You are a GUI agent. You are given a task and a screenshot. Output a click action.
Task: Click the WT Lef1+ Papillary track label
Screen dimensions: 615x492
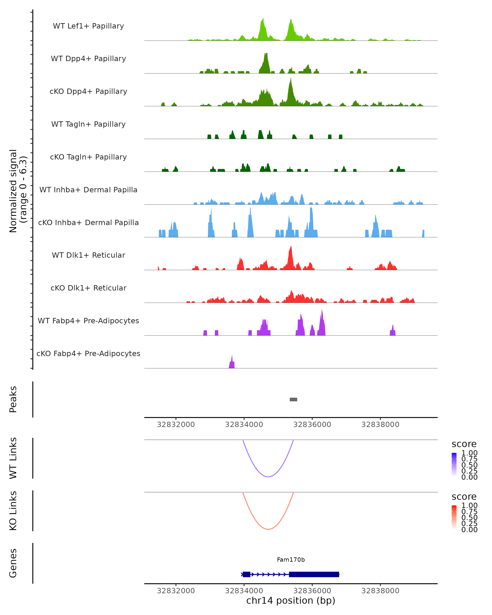click(88, 26)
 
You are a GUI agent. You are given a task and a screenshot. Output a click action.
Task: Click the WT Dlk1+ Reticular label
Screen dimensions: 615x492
click(88, 255)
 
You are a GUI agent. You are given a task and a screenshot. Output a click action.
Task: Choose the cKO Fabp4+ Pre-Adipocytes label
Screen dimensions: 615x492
click(88, 353)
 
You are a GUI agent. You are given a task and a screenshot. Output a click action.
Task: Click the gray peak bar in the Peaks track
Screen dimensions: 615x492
click(293, 399)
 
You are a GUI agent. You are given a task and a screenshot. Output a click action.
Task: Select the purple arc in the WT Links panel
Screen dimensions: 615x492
click(268, 476)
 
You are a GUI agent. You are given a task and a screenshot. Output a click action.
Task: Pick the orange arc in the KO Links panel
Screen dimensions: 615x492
click(268, 529)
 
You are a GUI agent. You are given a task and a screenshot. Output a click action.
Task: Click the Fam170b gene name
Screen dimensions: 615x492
click(291, 560)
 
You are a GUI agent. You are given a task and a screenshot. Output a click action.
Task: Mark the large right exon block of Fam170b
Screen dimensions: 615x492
click(314, 574)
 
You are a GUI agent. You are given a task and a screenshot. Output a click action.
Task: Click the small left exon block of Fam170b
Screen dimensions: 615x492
click(246, 574)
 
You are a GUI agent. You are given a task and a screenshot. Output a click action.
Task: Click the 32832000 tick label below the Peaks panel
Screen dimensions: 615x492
click(176, 425)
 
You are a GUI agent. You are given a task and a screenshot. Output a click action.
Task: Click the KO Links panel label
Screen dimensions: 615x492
click(13, 511)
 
